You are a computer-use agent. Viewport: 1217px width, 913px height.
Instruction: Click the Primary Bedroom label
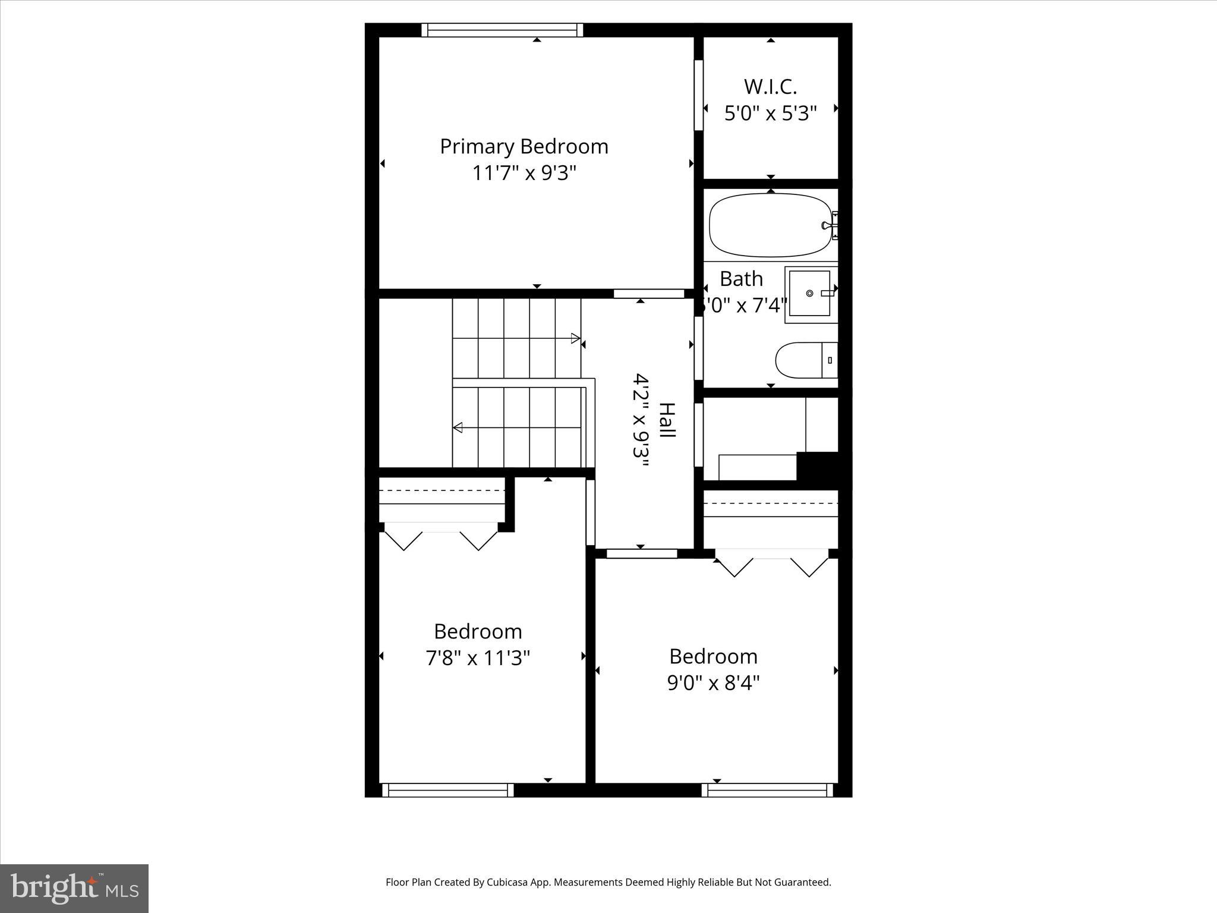(524, 147)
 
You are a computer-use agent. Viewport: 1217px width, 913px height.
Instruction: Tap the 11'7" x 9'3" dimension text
(524, 174)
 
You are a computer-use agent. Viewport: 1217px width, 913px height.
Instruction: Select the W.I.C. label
(770, 87)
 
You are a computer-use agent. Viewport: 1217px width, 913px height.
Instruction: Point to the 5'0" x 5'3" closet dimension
(770, 113)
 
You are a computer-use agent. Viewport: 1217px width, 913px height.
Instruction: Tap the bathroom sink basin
(809, 293)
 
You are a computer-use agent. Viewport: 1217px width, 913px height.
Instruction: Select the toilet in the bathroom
(805, 360)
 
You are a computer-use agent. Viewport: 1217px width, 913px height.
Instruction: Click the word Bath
(741, 279)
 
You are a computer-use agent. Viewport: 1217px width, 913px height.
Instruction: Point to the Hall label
(667, 420)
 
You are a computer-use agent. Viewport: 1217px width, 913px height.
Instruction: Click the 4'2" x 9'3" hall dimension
(640, 423)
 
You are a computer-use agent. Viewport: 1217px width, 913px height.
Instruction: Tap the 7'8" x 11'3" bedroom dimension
(477, 659)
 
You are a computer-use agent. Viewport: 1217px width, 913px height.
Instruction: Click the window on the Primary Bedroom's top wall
(502, 30)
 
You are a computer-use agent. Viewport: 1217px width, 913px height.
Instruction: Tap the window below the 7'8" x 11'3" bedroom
(447, 790)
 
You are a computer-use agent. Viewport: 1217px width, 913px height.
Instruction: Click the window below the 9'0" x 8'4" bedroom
(767, 790)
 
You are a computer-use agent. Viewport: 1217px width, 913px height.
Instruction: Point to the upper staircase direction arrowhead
(575, 338)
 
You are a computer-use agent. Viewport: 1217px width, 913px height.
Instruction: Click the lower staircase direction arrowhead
(458, 427)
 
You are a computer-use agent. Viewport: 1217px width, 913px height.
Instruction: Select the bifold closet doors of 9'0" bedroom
(771, 565)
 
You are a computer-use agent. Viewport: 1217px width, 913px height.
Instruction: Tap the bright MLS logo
(74, 888)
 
